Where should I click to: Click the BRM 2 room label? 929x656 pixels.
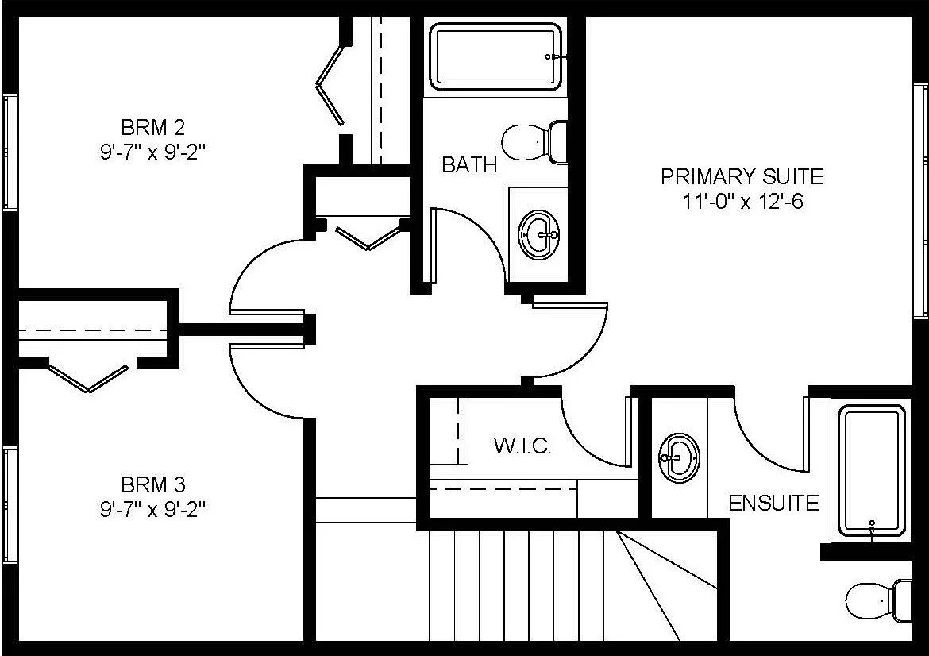(x=152, y=126)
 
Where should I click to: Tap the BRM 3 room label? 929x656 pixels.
(x=152, y=484)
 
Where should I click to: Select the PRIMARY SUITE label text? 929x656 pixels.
(x=742, y=176)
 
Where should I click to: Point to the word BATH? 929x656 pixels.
(x=469, y=164)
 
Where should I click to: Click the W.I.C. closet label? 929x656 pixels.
(x=522, y=446)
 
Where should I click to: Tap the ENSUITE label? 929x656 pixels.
(x=773, y=503)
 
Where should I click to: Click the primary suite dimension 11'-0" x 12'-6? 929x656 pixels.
(x=742, y=202)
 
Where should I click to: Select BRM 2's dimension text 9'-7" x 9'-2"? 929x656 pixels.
(x=152, y=152)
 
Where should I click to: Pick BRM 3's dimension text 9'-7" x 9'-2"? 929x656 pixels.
(x=152, y=509)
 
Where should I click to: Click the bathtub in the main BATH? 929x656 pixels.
(x=496, y=56)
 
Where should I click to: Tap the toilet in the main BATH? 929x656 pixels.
(x=534, y=141)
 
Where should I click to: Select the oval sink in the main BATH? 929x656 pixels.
(x=538, y=234)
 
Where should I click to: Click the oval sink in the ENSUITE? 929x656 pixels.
(x=678, y=457)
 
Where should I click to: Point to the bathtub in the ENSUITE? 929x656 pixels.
(x=872, y=471)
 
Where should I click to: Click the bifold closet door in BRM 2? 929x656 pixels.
(x=331, y=83)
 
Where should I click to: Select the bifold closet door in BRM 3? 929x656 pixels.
(x=87, y=377)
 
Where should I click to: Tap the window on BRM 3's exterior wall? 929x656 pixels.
(x=10, y=504)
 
